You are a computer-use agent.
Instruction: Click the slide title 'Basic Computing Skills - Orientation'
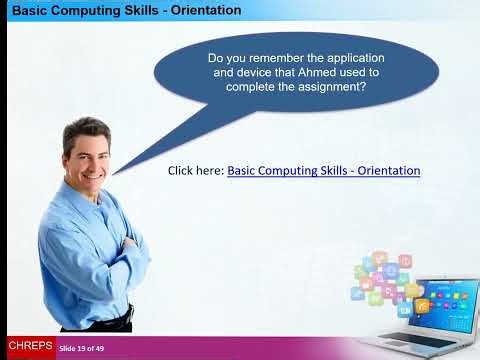coord(125,11)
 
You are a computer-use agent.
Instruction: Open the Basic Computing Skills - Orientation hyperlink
coord(323,171)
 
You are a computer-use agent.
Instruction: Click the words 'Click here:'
coord(196,171)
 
